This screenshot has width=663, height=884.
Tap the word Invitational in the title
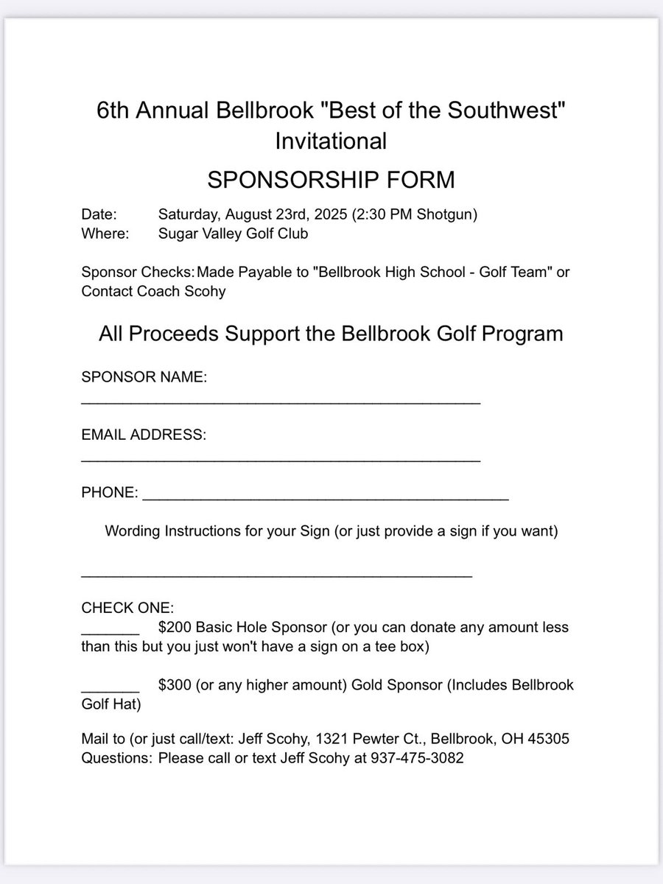[331, 140]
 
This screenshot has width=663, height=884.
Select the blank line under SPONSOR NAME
[280, 402]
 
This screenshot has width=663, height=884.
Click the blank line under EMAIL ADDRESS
[280, 460]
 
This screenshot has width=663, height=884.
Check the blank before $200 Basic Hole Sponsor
[110, 632]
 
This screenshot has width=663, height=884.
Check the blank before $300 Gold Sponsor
[110, 690]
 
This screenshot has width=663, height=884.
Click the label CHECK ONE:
[127, 608]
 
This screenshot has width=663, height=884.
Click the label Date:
[99, 215]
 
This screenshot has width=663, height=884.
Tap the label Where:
[105, 234]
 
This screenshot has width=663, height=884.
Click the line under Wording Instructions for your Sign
[276, 575]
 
